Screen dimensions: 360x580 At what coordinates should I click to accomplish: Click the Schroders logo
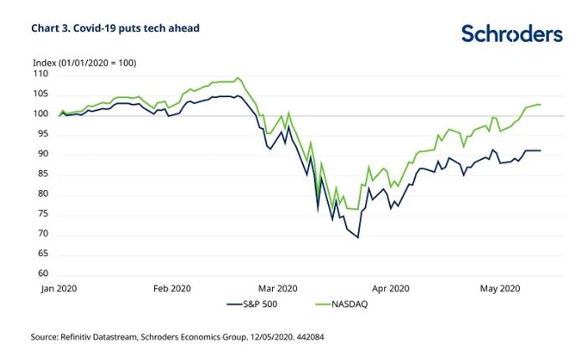point(511,33)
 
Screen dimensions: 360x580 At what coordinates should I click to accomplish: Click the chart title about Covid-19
point(115,28)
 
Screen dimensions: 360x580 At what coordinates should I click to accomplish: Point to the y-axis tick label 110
point(41,75)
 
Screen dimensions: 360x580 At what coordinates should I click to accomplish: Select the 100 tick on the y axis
point(41,115)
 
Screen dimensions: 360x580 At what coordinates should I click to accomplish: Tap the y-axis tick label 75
point(43,214)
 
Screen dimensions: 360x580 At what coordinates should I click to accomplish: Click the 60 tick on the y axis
point(43,274)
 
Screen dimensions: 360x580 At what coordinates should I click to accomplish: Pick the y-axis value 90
point(43,155)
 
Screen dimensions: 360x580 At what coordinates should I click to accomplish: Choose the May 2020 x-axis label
point(500,289)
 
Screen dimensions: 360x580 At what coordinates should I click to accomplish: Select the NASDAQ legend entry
point(346,305)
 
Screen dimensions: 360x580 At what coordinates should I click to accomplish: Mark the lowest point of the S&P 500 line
point(358,238)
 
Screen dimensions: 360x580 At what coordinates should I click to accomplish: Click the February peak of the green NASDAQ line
point(239,78)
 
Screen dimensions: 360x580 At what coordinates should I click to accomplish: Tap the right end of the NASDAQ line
point(541,105)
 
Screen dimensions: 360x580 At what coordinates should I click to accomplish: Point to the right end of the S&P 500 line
point(541,151)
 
